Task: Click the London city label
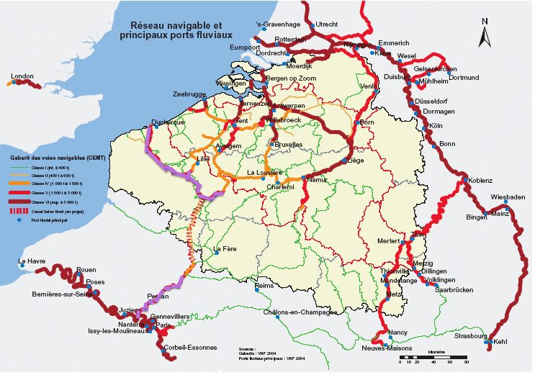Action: pos(22,76)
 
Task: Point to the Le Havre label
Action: pos(32,261)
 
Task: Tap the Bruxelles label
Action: pos(289,145)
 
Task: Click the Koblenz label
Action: pos(480,180)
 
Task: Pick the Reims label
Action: pos(265,286)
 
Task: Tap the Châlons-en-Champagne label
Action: pos(300,312)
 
